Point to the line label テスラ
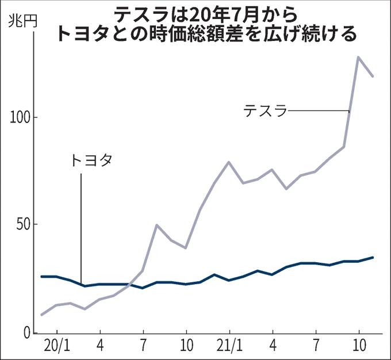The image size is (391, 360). tap(265, 110)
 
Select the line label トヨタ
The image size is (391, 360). tap(90, 160)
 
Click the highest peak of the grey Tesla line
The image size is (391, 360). tap(358, 58)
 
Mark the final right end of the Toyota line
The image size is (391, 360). tap(373, 257)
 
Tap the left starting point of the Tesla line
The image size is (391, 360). tap(42, 315)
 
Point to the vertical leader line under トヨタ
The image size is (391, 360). tap(81, 224)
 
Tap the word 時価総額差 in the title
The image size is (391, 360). tap(228, 33)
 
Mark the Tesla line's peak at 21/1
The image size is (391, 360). tap(229, 162)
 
